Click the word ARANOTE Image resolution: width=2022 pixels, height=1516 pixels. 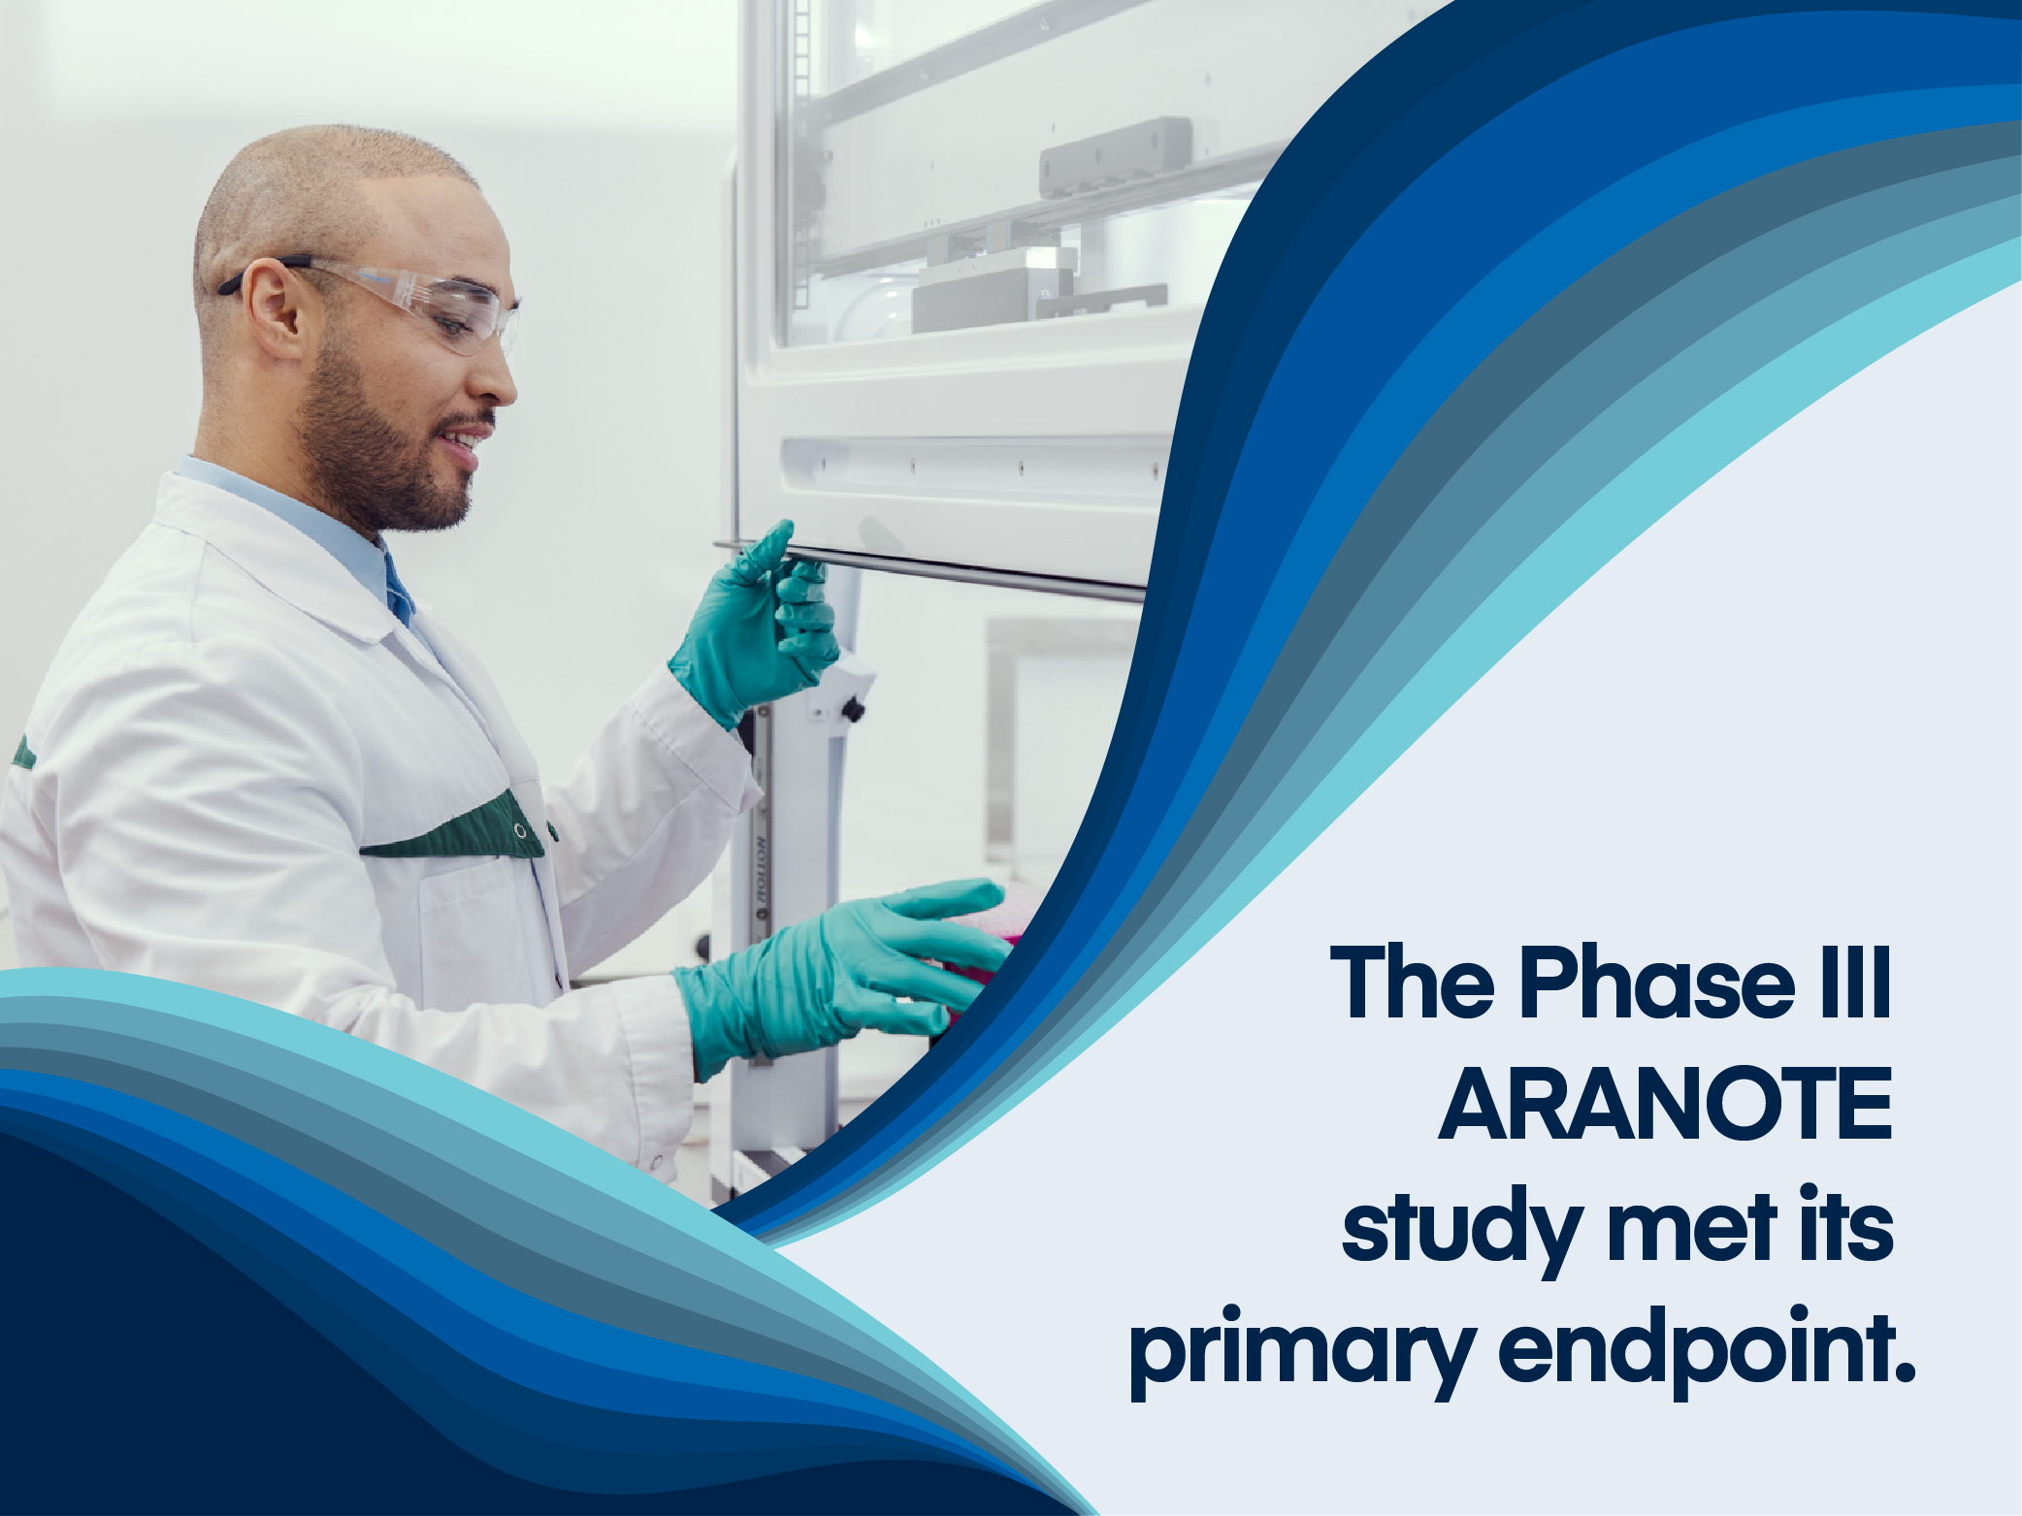click(x=1665, y=1105)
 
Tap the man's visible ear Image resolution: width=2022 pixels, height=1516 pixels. click(x=274, y=308)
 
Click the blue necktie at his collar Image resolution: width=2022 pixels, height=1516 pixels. click(x=399, y=588)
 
